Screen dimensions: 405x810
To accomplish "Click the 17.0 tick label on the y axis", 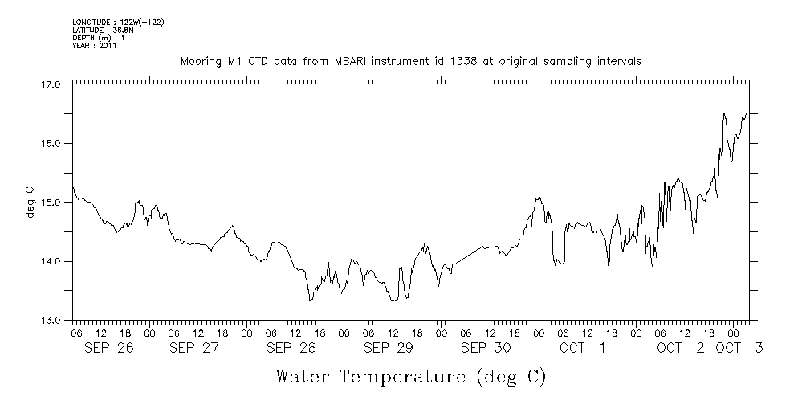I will pyautogui.click(x=51, y=84).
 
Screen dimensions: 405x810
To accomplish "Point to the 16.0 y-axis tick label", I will pyautogui.click(x=51, y=143).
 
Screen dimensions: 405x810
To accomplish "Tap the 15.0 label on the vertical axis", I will pyautogui.click(x=51, y=202).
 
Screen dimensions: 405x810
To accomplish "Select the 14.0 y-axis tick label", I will pyautogui.click(x=51, y=261).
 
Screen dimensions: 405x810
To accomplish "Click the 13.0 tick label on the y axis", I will pyautogui.click(x=51, y=320).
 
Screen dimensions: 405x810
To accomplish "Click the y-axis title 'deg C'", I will pyautogui.click(x=31, y=202).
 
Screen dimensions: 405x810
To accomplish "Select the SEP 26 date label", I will pyautogui.click(x=108, y=348).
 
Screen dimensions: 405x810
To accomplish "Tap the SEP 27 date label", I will pyautogui.click(x=194, y=348).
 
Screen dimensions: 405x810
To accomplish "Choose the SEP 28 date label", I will pyautogui.click(x=291, y=348).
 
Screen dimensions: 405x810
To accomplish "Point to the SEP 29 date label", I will pyautogui.click(x=389, y=348).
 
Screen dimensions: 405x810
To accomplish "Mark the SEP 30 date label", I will pyautogui.click(x=486, y=348).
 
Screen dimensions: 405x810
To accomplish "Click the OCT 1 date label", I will pyautogui.click(x=584, y=348).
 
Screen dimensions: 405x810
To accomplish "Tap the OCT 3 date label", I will pyautogui.click(x=739, y=348).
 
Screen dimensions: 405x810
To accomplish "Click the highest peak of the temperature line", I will pyautogui.click(x=724, y=113).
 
